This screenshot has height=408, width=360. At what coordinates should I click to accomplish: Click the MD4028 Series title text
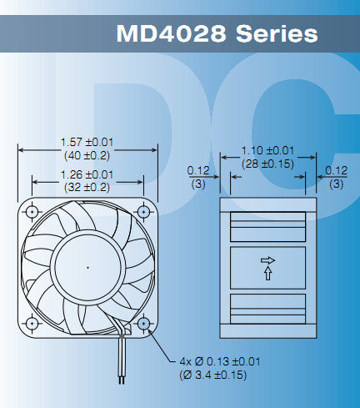(x=217, y=34)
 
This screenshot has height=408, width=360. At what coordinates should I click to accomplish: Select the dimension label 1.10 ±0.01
(x=267, y=151)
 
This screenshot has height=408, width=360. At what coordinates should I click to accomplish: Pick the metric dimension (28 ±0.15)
(x=267, y=164)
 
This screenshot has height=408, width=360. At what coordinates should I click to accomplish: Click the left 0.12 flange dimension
(x=197, y=170)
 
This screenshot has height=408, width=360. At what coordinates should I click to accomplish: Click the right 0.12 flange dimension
(x=336, y=170)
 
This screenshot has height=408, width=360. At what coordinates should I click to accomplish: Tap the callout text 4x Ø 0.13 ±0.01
(x=219, y=361)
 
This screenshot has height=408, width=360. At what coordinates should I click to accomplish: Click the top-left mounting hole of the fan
(x=32, y=209)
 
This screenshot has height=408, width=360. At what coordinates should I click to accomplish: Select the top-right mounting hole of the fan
(x=143, y=209)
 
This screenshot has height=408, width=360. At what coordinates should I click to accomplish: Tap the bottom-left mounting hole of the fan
(x=32, y=322)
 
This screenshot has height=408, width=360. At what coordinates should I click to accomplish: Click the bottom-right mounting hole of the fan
(x=143, y=322)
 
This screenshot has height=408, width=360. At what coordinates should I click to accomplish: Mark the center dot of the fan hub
(x=87, y=266)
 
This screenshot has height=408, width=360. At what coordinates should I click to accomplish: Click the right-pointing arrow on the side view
(x=267, y=260)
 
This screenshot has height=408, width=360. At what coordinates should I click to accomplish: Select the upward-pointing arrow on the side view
(x=267, y=273)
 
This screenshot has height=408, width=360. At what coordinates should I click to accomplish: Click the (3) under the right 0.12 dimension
(x=336, y=183)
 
